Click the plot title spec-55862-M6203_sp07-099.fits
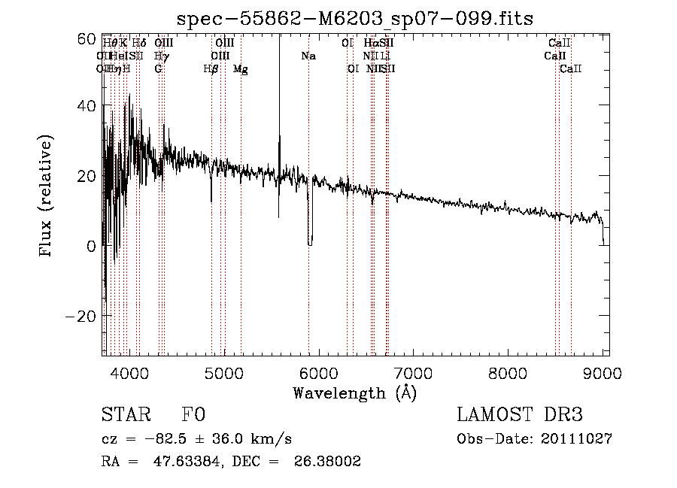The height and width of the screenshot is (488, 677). point(354,19)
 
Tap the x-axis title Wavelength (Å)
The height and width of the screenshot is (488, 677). point(354,392)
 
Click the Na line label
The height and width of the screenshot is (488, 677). point(308,56)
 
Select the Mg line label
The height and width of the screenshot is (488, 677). point(241,69)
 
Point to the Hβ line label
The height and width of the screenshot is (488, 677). point(211,69)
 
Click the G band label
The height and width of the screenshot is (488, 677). point(159,69)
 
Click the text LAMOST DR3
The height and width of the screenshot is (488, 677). point(520,415)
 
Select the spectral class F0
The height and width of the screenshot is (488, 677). point(193,415)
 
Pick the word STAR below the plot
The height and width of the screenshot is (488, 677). point(126,415)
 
